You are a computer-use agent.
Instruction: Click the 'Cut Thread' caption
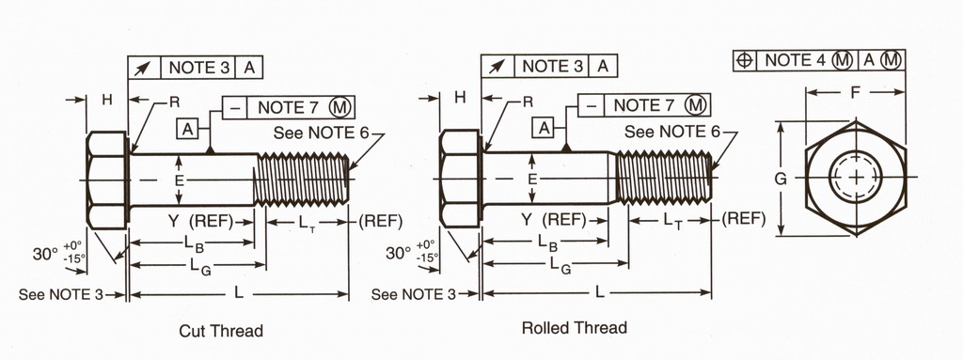(221, 331)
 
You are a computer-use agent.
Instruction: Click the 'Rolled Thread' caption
(575, 327)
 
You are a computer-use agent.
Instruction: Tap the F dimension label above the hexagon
(855, 93)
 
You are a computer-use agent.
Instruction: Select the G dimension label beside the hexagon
(780, 179)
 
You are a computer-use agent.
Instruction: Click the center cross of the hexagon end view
(856, 177)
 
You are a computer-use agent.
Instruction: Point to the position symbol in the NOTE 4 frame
(745, 60)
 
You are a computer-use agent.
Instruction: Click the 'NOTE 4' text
(797, 60)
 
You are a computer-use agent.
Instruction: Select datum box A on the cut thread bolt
(188, 129)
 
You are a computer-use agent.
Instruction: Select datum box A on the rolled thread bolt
(543, 128)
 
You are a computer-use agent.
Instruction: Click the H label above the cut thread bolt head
(107, 100)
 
